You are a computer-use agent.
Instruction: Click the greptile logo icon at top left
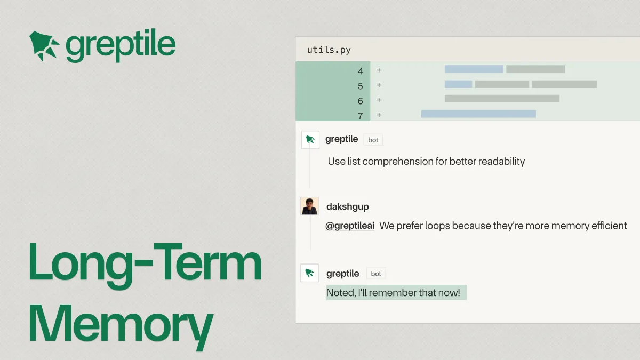tap(44, 46)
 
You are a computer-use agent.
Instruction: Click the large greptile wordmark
tap(121, 45)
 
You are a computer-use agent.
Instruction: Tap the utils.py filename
tap(329, 50)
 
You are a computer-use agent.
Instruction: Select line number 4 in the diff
tap(361, 71)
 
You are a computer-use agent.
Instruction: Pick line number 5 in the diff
tap(361, 86)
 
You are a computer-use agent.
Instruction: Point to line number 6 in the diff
tap(361, 101)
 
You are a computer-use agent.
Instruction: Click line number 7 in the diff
tap(361, 116)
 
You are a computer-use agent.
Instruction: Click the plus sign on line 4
tap(379, 70)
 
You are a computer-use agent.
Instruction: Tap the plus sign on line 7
tap(379, 115)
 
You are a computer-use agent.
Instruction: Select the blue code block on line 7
tap(478, 114)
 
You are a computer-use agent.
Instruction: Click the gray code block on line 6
tap(502, 99)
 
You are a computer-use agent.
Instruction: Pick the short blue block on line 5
tap(458, 84)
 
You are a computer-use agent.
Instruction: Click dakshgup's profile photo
tap(309, 206)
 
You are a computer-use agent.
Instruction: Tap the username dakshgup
tap(347, 206)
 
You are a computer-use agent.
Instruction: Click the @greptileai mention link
tap(350, 226)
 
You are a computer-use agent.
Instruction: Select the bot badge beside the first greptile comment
tap(373, 140)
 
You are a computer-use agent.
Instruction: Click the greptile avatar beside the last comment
tap(309, 273)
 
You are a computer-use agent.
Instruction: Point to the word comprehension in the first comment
tap(398, 162)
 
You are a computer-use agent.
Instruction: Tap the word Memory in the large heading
tap(121, 326)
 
